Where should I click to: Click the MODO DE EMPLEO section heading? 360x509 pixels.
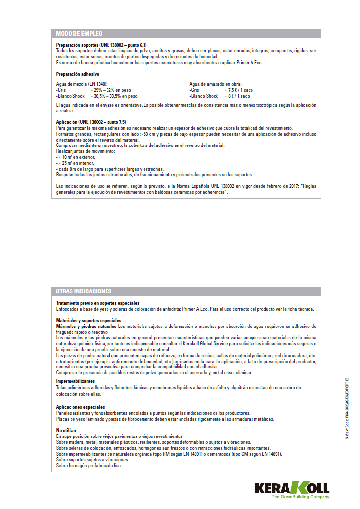[x=79, y=34]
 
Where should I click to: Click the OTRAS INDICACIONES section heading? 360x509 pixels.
[x=84, y=291]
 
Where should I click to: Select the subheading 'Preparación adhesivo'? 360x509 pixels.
[x=77, y=73]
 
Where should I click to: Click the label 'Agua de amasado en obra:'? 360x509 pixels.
[x=216, y=84]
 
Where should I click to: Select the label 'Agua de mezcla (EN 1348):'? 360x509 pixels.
[x=81, y=84]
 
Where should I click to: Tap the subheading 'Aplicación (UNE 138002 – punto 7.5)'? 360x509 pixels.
[x=91, y=122]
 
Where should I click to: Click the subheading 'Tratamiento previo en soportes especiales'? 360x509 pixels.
[x=98, y=303]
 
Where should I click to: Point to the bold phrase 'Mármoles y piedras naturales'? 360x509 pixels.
[x=86, y=327]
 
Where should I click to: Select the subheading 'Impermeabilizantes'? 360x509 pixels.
[x=75, y=381]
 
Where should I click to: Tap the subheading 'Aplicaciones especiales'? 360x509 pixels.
[x=80, y=407]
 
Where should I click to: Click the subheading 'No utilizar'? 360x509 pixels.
[x=66, y=431]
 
